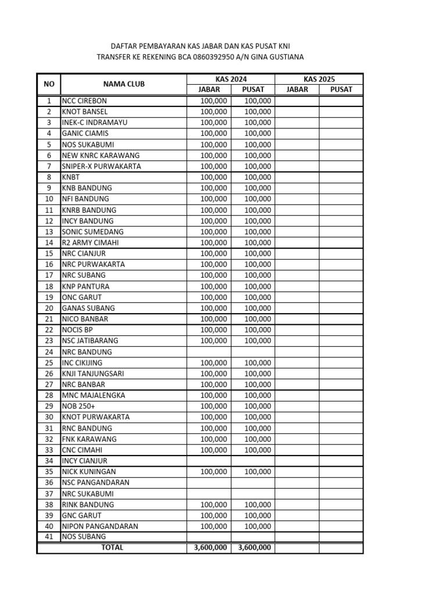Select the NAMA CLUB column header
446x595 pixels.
pyautogui.click(x=124, y=84)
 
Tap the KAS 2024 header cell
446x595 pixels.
pyautogui.click(x=231, y=79)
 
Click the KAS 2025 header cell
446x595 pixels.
pyautogui.click(x=319, y=79)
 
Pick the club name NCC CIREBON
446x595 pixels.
pyautogui.click(x=84, y=101)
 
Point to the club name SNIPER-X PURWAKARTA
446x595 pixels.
pyautogui.click(x=101, y=166)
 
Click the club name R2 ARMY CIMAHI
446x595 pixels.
pyautogui.click(x=89, y=242)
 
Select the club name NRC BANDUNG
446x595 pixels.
pyautogui.click(x=87, y=352)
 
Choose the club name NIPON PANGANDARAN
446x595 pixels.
pyautogui.click(x=100, y=526)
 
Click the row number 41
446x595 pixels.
pyautogui.click(x=49, y=537)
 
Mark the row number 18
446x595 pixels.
pyautogui.click(x=49, y=286)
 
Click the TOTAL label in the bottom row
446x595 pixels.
pyautogui.click(x=112, y=547)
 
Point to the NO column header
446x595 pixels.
pyautogui.click(x=49, y=84)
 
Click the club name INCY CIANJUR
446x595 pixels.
pyautogui.click(x=84, y=461)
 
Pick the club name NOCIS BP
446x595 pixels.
pyautogui.click(x=77, y=330)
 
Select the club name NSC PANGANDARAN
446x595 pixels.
pyautogui.click(x=95, y=482)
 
